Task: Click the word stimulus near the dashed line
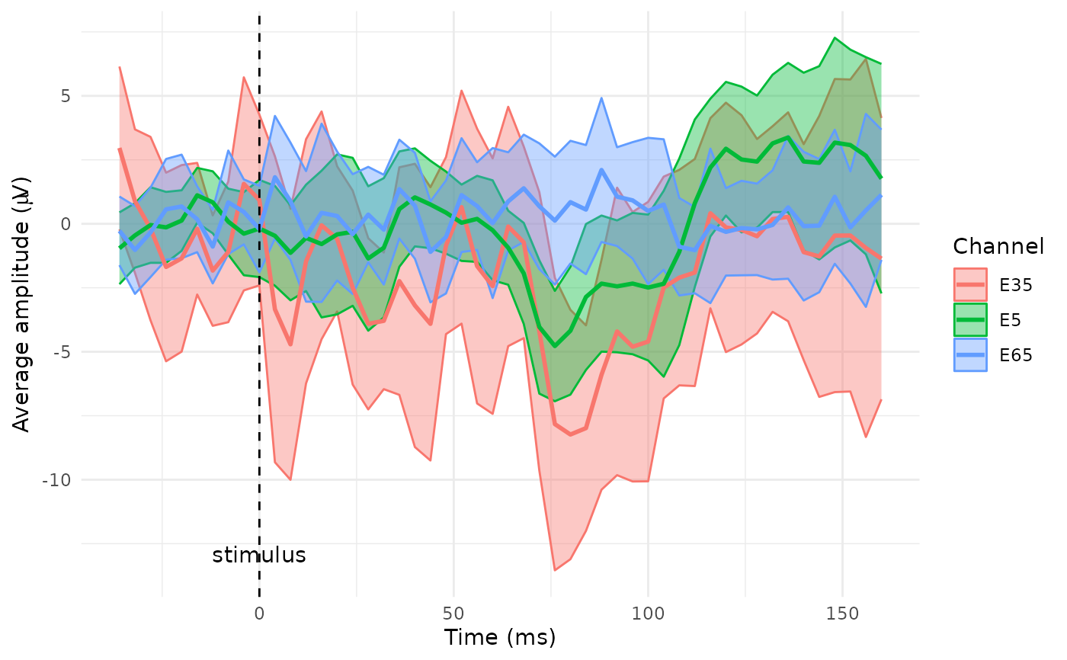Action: tap(259, 556)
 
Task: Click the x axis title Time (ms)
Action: tap(500, 637)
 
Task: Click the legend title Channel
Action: tap(998, 246)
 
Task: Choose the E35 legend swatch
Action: tap(970, 284)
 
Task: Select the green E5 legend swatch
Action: tap(970, 319)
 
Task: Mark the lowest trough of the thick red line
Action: tap(570, 434)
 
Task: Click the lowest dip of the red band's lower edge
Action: tap(555, 570)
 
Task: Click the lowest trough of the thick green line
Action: tap(555, 346)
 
